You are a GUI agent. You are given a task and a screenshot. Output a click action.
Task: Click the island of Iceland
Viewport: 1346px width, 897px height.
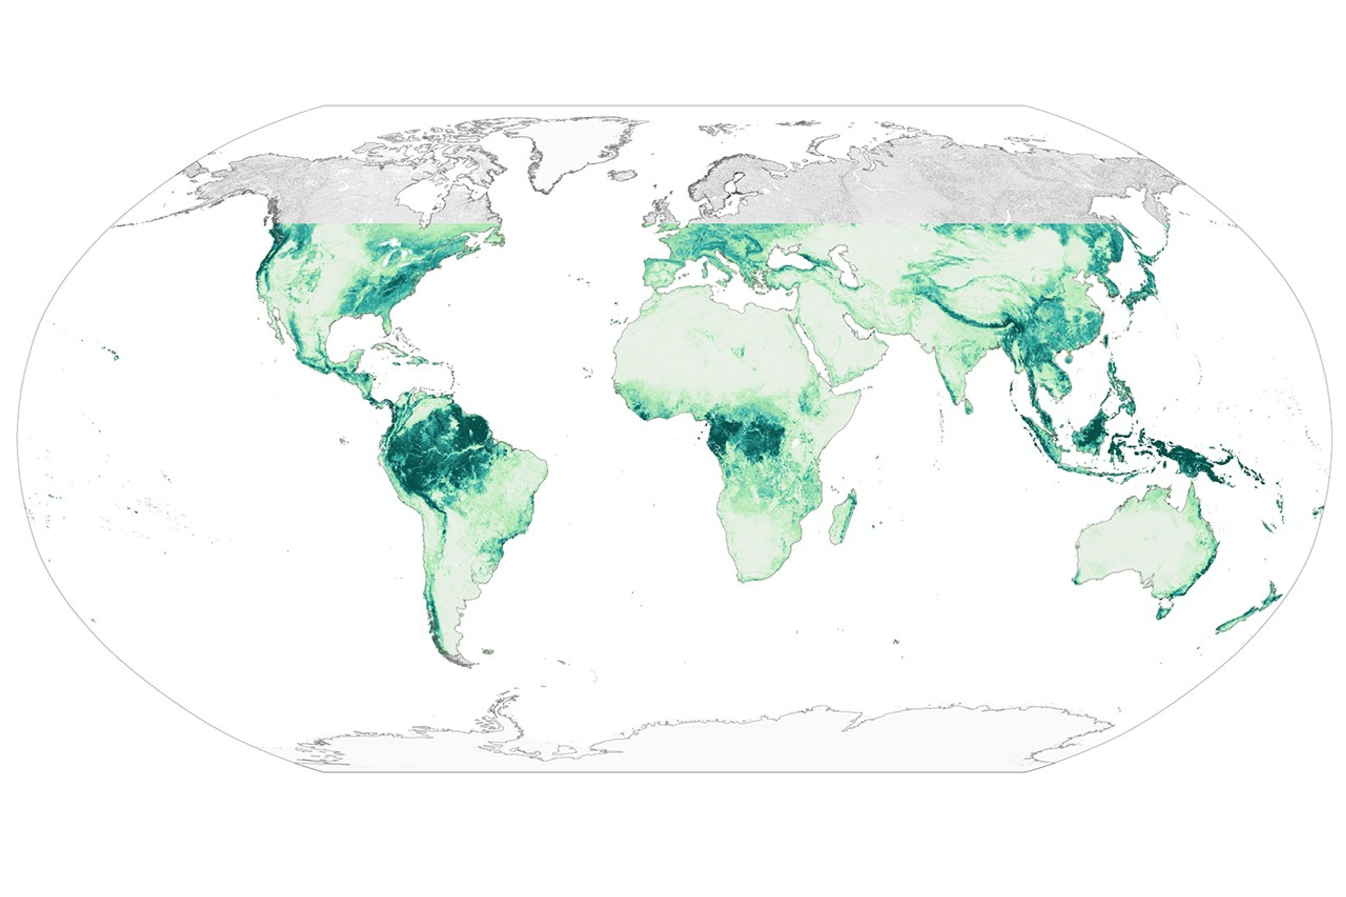[x=623, y=174]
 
